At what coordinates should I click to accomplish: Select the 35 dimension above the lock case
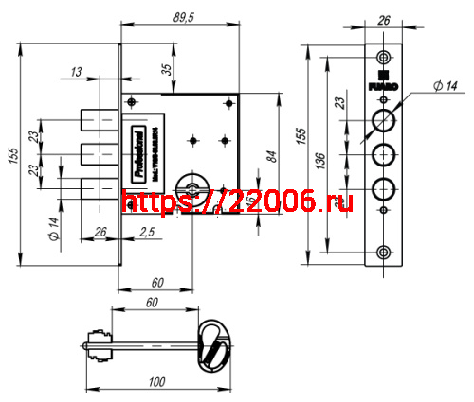pos(167,69)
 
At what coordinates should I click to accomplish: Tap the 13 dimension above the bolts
pos(75,71)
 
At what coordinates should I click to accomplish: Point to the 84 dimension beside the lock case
pos(271,155)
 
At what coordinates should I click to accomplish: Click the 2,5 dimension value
pos(148,232)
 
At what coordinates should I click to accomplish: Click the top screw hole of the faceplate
pos(383,55)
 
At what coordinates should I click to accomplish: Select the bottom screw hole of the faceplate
pos(383,251)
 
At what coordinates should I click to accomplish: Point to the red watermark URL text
pos(237,200)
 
